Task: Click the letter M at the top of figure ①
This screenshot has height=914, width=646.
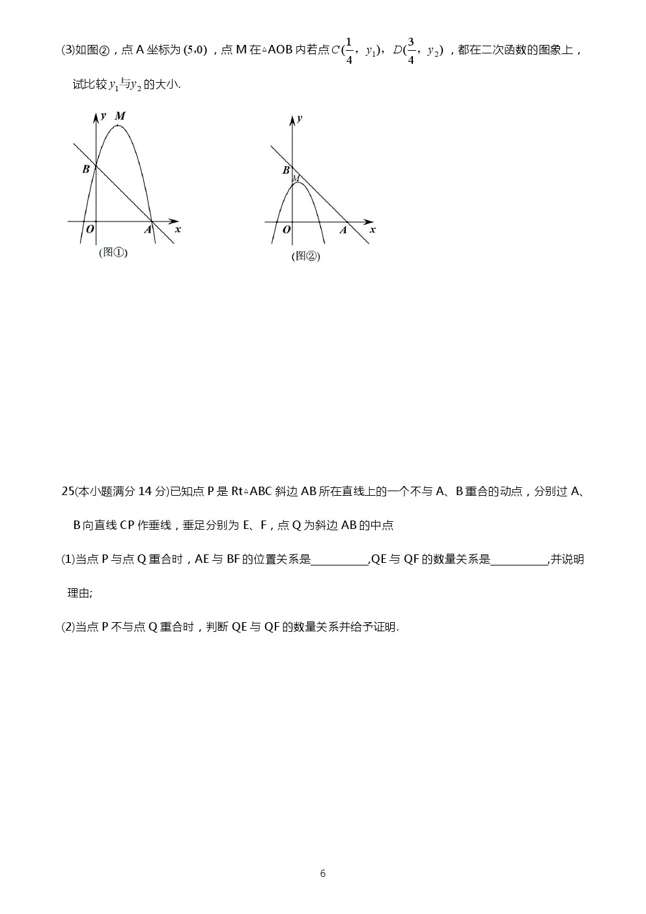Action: tap(120, 117)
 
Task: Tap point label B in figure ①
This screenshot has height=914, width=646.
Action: tap(86, 169)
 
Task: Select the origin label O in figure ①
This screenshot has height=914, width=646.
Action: tap(90, 229)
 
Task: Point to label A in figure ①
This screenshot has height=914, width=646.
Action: tap(148, 229)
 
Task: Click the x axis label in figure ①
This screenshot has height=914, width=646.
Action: tap(178, 229)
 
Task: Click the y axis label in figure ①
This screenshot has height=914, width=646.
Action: tap(104, 116)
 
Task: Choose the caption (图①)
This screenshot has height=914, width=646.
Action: tap(113, 253)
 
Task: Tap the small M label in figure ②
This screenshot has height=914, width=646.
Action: tap(296, 179)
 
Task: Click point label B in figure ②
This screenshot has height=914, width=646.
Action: tap(286, 171)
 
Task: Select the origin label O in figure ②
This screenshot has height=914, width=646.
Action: tap(286, 230)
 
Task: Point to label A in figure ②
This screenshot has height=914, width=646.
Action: tap(343, 230)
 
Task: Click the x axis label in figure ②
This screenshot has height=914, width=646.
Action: tap(372, 230)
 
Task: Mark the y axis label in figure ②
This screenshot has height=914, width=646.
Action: tap(300, 119)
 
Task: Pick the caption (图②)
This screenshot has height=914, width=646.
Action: tap(306, 257)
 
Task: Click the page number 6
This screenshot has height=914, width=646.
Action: tap(323, 874)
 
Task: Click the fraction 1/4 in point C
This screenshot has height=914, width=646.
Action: tap(349, 51)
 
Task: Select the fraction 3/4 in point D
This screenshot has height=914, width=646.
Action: tap(411, 51)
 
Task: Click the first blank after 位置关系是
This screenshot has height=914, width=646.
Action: tap(339, 560)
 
